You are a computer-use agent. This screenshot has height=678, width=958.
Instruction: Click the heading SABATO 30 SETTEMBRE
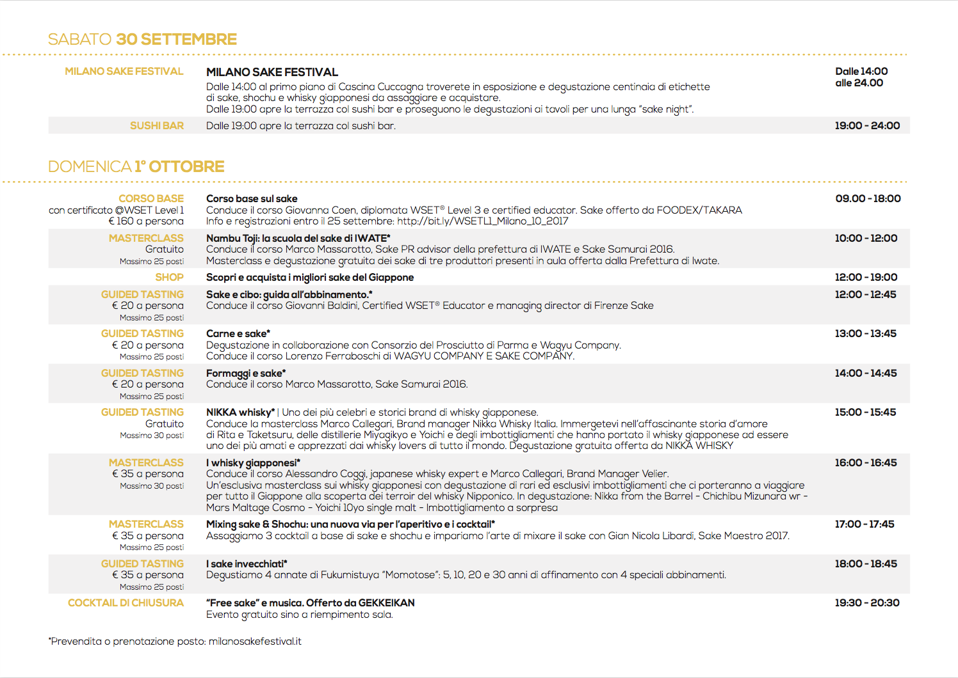point(142,40)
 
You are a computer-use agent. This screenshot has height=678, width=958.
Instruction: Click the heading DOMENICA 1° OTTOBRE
point(136,167)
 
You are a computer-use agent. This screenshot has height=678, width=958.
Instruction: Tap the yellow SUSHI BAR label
point(157,126)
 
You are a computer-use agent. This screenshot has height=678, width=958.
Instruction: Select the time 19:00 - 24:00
point(867,126)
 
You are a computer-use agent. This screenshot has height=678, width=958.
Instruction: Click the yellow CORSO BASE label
point(151,199)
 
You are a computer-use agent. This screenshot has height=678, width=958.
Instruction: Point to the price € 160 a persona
point(146,221)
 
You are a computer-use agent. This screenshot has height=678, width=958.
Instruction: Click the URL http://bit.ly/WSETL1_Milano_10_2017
point(483,221)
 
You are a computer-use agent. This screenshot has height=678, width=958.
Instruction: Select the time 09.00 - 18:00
point(868,199)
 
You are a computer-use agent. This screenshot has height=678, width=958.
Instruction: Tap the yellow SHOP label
point(169,278)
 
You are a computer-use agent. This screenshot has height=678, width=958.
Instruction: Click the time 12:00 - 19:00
point(866,278)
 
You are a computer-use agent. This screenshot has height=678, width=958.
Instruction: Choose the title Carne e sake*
point(238,334)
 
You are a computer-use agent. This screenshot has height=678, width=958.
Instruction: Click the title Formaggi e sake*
point(246,374)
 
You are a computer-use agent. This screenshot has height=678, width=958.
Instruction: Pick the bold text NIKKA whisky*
point(240,413)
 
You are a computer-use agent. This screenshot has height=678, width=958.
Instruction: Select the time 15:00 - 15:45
point(865,413)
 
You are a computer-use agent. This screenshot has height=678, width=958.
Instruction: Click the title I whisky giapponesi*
point(253,463)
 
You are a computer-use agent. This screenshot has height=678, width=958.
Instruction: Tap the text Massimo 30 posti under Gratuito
point(152,436)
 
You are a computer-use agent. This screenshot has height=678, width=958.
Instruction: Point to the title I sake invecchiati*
point(247,564)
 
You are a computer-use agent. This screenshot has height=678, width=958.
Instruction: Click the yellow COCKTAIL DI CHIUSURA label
point(126,603)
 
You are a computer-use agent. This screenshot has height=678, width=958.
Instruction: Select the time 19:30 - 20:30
point(867,603)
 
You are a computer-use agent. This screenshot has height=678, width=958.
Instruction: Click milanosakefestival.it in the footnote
point(255,642)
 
